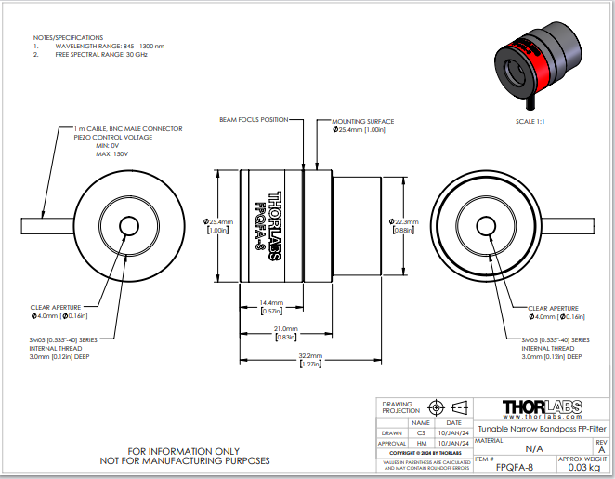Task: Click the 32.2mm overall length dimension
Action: coord(310,355)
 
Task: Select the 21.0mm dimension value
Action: coord(285,329)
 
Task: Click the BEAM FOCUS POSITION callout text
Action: coord(254,120)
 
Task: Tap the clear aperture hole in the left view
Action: coord(128,225)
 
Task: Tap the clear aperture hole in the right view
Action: coord(485,225)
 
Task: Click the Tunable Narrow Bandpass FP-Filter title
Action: coord(542,429)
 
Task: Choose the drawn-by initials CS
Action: coord(421,432)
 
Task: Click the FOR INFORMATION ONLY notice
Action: coord(185,451)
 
